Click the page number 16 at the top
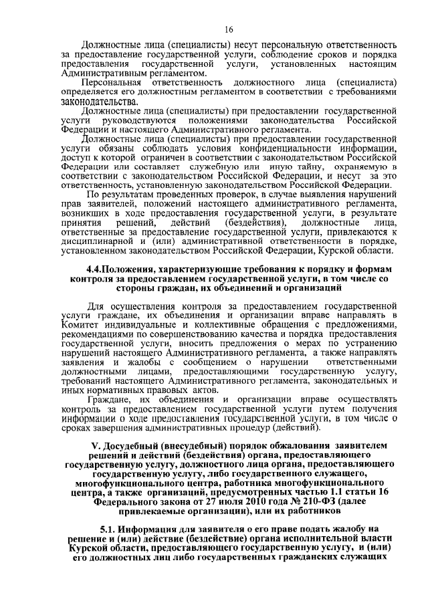228,29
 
